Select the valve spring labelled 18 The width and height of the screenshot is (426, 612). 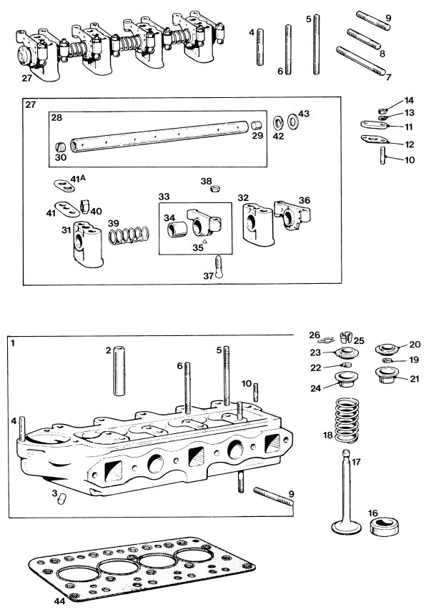(x=347, y=420)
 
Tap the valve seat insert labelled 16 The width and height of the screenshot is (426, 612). (x=384, y=526)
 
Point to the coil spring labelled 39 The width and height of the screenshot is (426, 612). (x=129, y=235)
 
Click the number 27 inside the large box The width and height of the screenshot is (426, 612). (x=31, y=104)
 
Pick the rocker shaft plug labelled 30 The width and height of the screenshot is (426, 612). (x=60, y=147)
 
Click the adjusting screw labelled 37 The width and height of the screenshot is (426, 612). (x=219, y=267)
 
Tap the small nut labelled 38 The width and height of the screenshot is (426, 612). (x=215, y=189)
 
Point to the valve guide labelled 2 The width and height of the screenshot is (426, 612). (x=119, y=370)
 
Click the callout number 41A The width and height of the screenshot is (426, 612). (x=78, y=179)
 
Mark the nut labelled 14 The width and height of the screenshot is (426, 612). (x=383, y=110)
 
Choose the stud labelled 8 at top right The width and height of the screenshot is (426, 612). (x=364, y=39)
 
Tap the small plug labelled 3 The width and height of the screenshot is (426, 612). (x=62, y=499)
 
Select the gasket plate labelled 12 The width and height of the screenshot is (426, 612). (x=374, y=139)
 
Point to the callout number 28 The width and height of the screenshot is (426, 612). (x=56, y=117)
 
